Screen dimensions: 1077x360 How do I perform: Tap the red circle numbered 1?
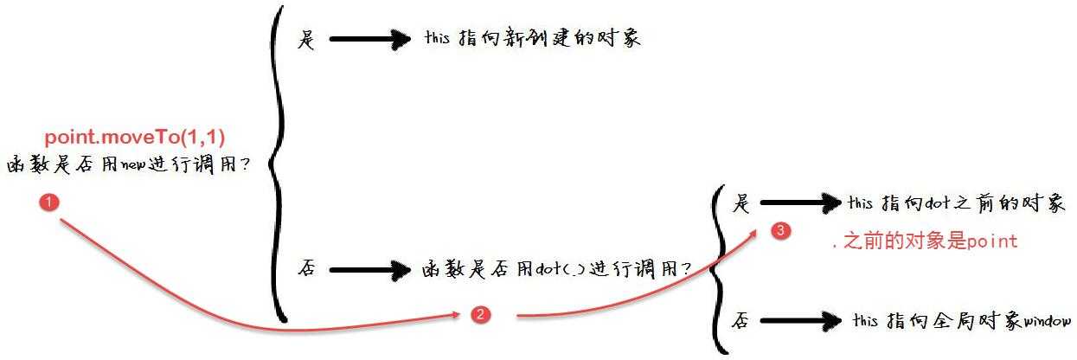coord(49,202)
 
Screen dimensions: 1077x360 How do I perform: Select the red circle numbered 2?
coord(480,315)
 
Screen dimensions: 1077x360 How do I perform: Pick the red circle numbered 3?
coord(781,230)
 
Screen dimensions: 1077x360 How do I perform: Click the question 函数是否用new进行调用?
coord(129,164)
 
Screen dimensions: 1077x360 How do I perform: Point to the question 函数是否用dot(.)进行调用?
coord(557,268)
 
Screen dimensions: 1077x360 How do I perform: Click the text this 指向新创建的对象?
coord(533,37)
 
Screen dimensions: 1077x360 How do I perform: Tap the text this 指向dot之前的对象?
coord(956,202)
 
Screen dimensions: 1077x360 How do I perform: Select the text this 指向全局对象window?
coord(962,320)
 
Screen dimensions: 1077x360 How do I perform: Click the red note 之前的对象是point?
coord(925,241)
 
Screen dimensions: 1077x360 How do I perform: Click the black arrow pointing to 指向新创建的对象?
coord(370,39)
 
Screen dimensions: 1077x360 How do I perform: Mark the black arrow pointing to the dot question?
coord(370,269)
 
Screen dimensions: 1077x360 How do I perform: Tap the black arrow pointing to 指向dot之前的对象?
coord(801,202)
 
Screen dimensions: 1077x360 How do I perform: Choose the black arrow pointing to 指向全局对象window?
coord(801,320)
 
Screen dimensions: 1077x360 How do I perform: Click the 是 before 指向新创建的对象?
coord(306,39)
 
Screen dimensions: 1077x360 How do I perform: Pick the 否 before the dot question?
coord(306,267)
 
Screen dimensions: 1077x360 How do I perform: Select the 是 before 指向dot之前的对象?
coord(740,202)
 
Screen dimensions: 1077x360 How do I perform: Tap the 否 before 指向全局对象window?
coord(740,319)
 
